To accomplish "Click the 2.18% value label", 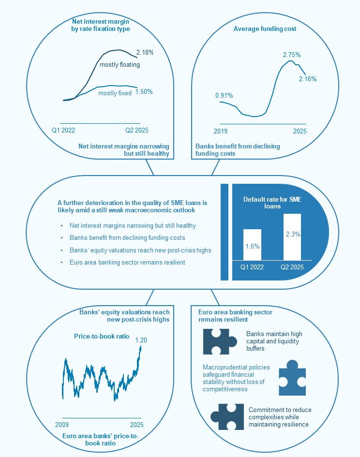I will pos(145,52).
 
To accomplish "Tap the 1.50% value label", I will pos(144,91).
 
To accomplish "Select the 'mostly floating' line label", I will pos(120,64).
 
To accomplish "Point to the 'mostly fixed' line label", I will pos(115,93).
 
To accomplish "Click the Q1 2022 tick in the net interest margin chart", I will pos(63,130).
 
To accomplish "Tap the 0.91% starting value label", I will pos(224,95).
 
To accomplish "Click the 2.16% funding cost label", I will pos(308,79).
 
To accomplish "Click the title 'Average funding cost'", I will pos(265,29).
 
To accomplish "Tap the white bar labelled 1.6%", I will pos(252,245).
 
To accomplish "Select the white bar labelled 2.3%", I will pos(292,237).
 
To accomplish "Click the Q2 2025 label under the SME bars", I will pos(292,266).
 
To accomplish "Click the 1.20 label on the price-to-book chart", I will pos(141,340).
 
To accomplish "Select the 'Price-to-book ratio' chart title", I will pos(102,336).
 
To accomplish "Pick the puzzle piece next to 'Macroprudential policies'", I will pos(292,377).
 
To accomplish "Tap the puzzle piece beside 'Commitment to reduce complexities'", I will pos(227,416).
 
